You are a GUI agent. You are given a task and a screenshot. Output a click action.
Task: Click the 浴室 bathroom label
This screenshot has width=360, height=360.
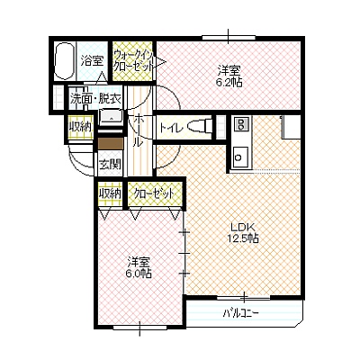click(x=92, y=61)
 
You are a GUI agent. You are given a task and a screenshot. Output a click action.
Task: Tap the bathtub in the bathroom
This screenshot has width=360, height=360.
click(x=64, y=61)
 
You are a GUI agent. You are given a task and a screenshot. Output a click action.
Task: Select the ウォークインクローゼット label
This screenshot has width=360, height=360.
click(x=133, y=61)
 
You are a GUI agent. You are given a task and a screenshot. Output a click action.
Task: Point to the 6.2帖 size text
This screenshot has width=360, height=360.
click(x=229, y=82)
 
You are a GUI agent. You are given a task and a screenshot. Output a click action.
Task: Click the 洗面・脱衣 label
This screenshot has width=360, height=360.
click(x=95, y=98)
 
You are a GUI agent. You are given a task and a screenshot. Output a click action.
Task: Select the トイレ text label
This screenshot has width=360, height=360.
click(x=171, y=128)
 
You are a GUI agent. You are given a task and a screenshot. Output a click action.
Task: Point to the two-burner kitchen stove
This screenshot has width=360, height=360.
click(x=241, y=124)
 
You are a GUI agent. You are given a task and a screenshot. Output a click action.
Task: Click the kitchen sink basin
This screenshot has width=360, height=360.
click(x=240, y=157)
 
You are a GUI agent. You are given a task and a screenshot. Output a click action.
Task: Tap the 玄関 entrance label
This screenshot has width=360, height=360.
click(x=111, y=164)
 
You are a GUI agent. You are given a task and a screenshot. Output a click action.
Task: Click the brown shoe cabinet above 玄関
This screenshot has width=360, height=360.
click(x=111, y=143)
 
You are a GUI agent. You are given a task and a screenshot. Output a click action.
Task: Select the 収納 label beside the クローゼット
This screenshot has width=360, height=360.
click(x=111, y=193)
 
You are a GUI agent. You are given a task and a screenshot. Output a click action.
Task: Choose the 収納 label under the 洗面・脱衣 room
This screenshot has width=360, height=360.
click(x=80, y=127)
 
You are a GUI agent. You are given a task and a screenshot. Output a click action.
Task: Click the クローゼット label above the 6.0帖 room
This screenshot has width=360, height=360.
click(x=154, y=193)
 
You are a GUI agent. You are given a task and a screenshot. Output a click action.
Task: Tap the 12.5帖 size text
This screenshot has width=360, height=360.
click(x=242, y=238)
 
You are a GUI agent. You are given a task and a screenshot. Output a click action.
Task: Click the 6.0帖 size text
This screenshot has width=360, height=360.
click(x=139, y=274)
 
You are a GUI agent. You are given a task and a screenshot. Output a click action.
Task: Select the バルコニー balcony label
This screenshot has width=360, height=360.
click(x=241, y=313)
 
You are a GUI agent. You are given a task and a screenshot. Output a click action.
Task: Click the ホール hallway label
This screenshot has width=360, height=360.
click(x=138, y=130)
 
